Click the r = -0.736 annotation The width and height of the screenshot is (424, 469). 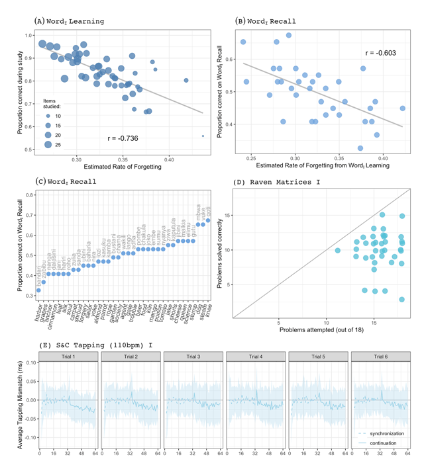click(123, 138)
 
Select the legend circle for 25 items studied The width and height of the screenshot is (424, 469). click(48, 144)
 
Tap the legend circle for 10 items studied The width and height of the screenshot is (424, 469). click(48, 115)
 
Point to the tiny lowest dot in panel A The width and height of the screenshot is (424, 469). click(203, 136)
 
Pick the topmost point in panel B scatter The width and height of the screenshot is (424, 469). click(289, 36)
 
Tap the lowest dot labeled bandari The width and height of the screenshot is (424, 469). click(38, 290)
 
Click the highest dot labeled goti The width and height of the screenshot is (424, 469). click(207, 221)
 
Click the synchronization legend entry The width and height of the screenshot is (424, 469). click(387, 433)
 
